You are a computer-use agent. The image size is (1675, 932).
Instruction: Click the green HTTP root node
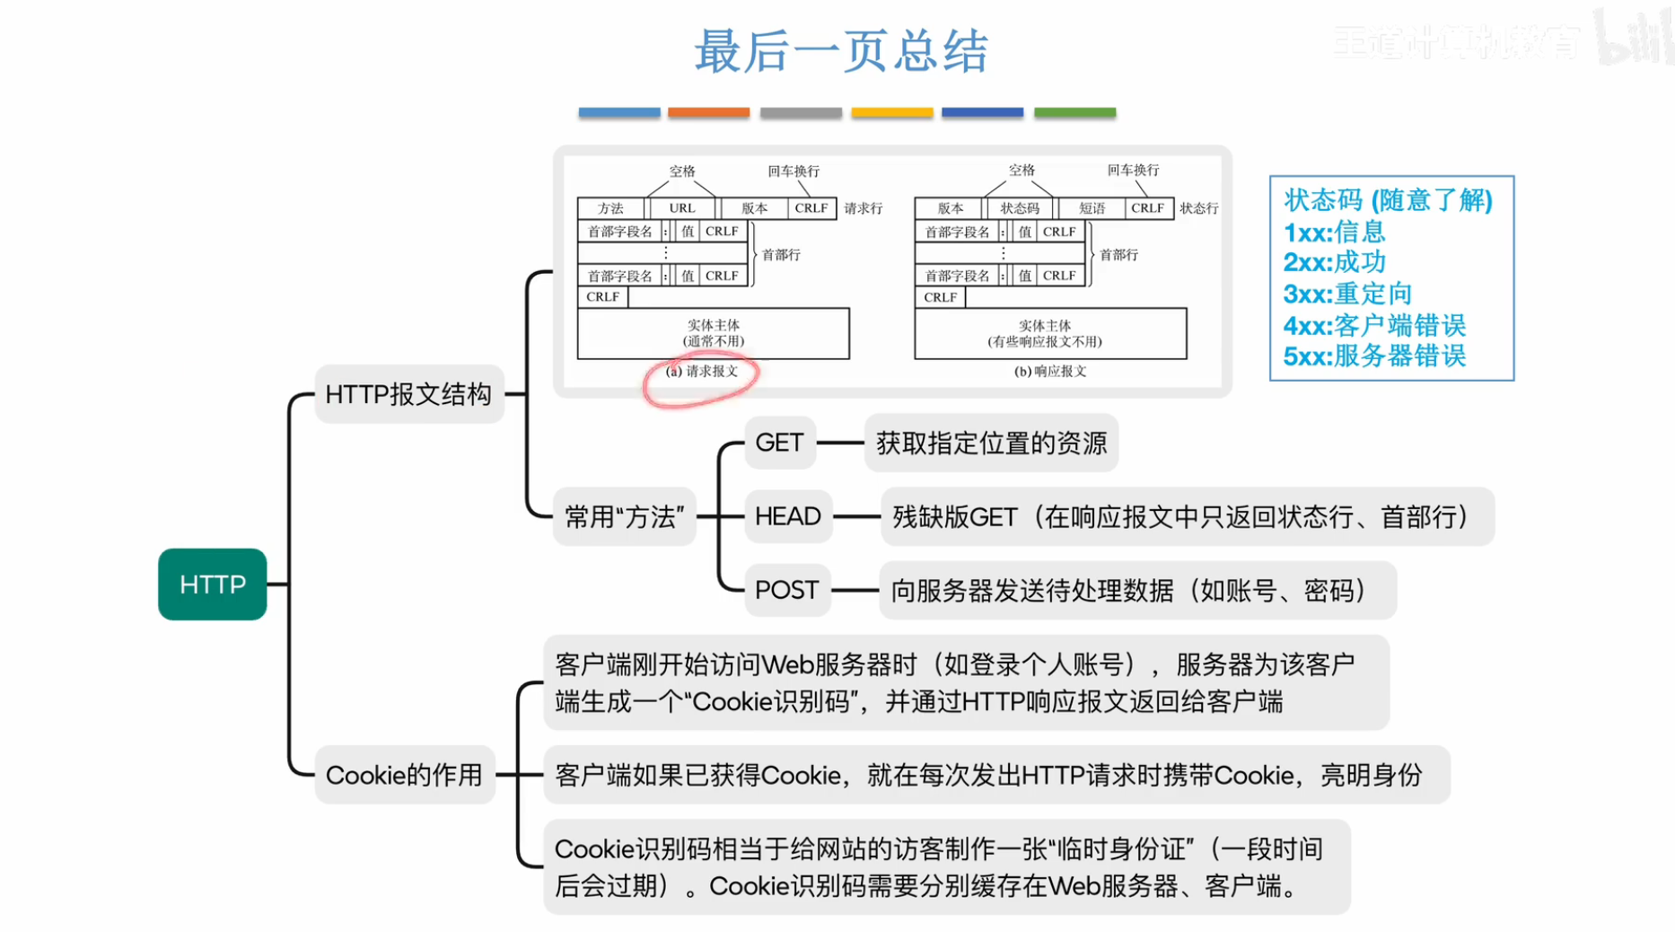point(212,585)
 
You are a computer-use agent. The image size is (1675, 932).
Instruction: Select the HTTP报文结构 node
point(408,394)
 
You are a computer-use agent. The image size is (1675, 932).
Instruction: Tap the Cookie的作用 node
point(404,775)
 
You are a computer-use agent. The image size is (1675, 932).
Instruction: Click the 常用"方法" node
point(624,517)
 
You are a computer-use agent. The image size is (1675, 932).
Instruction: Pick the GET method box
point(779,443)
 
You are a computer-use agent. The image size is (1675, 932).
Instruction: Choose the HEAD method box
point(788,516)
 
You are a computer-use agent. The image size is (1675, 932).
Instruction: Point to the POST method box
point(786,590)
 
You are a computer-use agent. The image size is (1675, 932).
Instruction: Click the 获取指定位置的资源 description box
point(991,443)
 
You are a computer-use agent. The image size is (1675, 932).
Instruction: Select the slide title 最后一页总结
point(841,51)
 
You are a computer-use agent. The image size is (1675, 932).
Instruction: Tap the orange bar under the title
point(708,112)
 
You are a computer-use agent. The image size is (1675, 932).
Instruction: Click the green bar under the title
point(1074,112)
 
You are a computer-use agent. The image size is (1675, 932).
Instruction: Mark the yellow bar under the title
point(891,112)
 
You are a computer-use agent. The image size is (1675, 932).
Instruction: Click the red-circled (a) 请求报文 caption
point(702,372)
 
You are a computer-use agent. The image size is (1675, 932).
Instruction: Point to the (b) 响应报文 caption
point(1050,372)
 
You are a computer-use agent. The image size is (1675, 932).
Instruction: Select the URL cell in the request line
point(682,208)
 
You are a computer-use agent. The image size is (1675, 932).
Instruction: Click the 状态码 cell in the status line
point(1020,208)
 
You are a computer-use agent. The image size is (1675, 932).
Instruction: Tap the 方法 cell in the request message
point(610,208)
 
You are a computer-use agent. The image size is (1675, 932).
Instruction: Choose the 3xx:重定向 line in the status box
point(1347,294)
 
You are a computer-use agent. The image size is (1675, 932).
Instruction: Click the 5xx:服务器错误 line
point(1374,356)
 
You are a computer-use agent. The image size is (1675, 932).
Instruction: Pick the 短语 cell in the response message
point(1092,208)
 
